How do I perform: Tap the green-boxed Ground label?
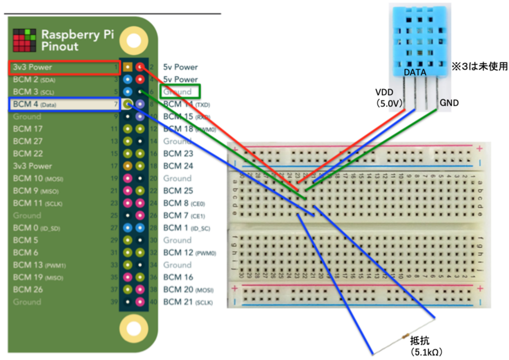(x=180, y=92)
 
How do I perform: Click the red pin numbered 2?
(x=141, y=67)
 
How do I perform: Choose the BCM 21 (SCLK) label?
(x=188, y=302)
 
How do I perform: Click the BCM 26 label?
(x=28, y=290)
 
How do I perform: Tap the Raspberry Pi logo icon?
(x=24, y=40)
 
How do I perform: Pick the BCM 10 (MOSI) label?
(x=38, y=179)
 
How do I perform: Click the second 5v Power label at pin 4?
(x=180, y=80)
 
